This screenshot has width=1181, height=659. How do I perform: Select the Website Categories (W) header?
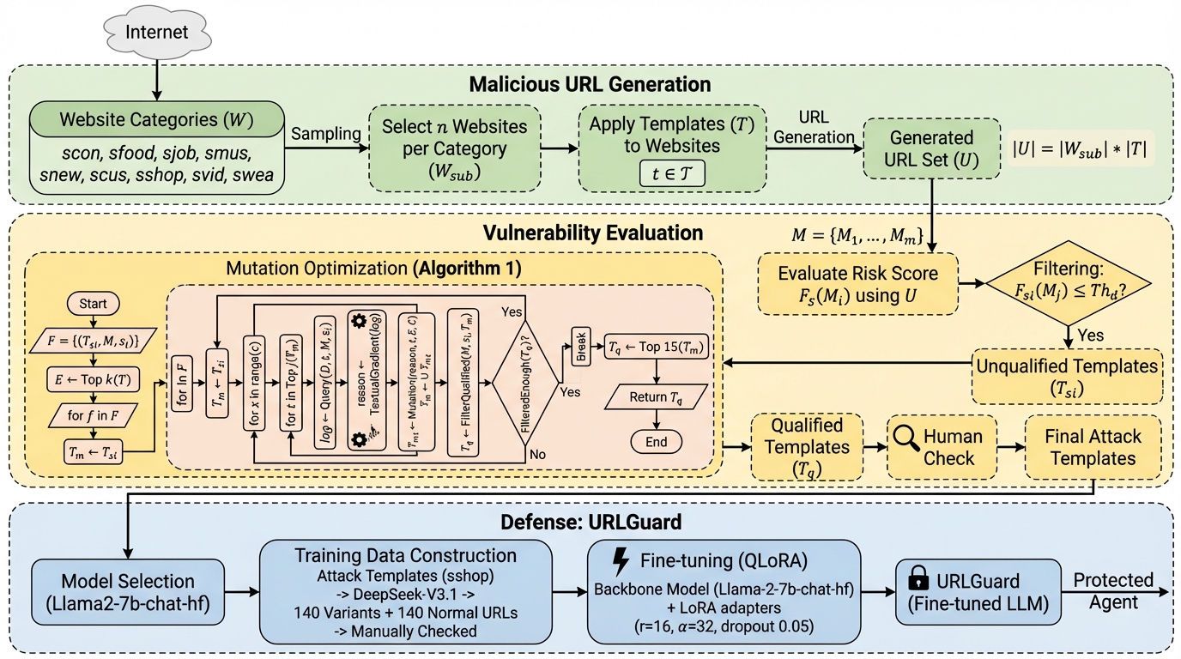[x=158, y=120]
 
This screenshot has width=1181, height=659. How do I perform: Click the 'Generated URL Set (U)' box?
[x=931, y=148]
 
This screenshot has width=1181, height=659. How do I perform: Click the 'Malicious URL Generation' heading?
[x=590, y=84]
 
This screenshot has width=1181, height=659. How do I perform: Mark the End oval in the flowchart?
[x=656, y=442]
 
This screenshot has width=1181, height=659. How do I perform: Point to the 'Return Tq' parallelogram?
[x=656, y=396]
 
